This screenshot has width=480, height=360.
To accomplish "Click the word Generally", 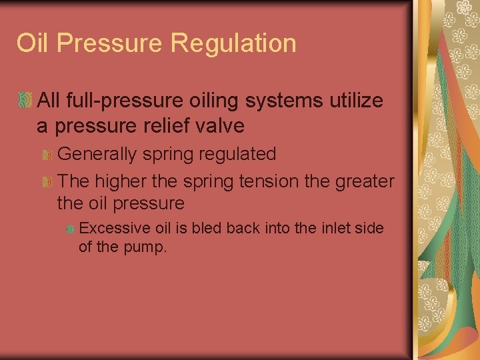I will click(x=100, y=155).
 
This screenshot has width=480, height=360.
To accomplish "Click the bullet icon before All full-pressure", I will click(x=25, y=101).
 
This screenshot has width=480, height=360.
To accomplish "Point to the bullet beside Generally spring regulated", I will click(x=47, y=155).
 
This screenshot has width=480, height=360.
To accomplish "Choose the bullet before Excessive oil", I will click(x=69, y=229).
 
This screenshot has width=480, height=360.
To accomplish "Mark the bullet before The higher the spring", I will click(x=47, y=181).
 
